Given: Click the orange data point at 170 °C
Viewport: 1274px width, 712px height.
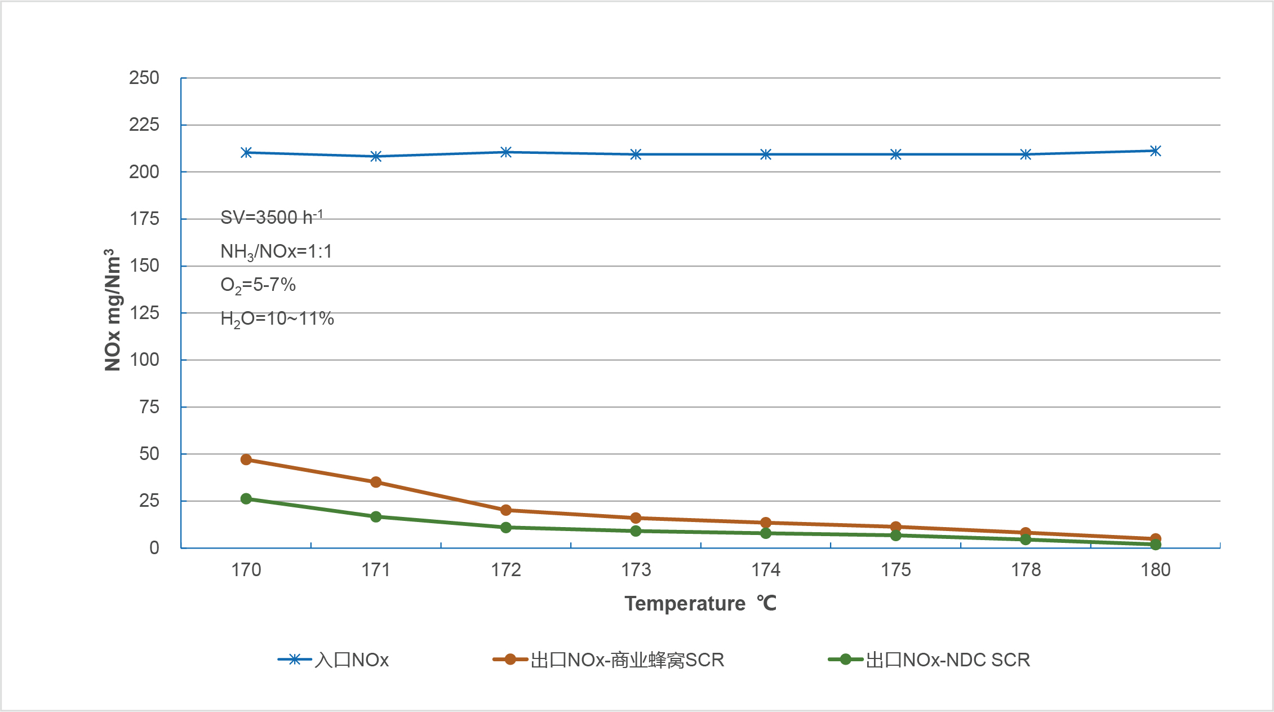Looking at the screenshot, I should coord(246,459).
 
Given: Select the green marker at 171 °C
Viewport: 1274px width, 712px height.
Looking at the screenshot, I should coord(376,516).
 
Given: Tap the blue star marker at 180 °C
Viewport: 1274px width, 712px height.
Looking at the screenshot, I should coord(1155,151).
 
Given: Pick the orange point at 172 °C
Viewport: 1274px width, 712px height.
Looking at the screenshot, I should coord(506,510).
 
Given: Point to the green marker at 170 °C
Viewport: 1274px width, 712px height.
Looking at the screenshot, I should coord(246,499).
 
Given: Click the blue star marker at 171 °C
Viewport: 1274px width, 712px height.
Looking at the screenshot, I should coord(376,156).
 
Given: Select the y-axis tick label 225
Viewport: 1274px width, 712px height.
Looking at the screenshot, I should coord(144,125).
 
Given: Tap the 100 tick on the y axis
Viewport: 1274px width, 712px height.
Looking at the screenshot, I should coord(144,360).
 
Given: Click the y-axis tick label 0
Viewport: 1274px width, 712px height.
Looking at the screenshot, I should coord(154,547).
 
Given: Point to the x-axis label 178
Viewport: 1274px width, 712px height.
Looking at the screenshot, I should coord(1026,570).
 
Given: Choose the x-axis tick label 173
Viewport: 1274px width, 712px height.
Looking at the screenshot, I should coord(636,570).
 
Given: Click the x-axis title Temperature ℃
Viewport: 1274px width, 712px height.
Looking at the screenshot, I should coord(700,604).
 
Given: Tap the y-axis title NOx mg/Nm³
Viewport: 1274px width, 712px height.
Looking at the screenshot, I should coord(113,310).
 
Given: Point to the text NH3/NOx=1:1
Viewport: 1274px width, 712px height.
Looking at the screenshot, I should coord(276,251).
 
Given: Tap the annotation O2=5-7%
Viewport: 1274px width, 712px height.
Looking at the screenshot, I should coord(258,285).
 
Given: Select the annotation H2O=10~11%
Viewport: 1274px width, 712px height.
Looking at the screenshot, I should coord(277,319).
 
